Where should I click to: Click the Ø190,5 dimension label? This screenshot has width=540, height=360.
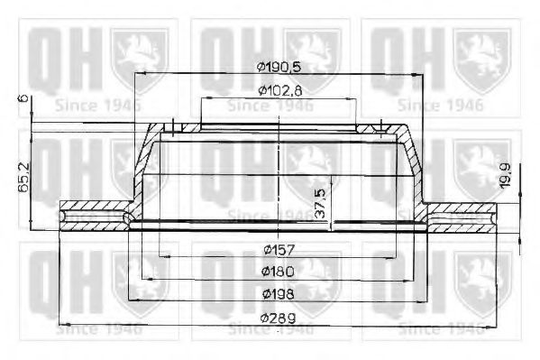[x=279, y=67]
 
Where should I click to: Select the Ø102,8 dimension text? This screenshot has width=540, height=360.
[x=279, y=89]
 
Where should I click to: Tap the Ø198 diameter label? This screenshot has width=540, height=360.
[x=279, y=293]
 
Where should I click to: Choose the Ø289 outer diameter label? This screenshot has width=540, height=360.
[x=279, y=316]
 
